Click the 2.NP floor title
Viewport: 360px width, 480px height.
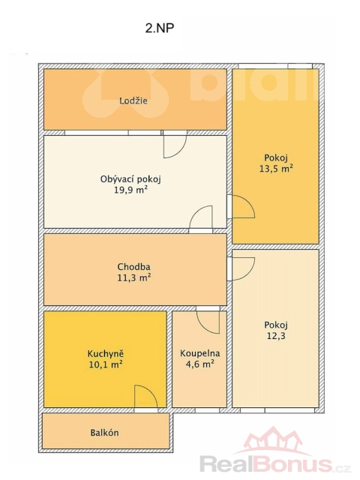click(160, 28)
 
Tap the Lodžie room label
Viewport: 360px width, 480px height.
click(133, 100)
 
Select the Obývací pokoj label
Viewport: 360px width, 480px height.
click(130, 179)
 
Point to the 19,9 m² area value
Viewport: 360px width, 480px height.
click(130, 190)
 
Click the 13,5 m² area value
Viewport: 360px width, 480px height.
click(276, 168)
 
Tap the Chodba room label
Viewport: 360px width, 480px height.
click(133, 267)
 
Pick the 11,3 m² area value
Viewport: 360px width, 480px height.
click(133, 277)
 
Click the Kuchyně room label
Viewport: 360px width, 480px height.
click(106, 353)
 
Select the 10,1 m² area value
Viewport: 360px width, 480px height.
click(106, 364)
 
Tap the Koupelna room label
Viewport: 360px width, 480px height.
click(200, 353)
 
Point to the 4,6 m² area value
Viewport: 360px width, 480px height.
click(200, 364)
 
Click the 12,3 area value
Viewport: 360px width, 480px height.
click(276, 336)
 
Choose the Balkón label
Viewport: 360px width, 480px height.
click(104, 433)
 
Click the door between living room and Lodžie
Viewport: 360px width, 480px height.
click(175, 145)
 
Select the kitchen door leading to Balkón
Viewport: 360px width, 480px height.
click(146, 397)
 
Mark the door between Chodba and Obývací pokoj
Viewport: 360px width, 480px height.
click(201, 218)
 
